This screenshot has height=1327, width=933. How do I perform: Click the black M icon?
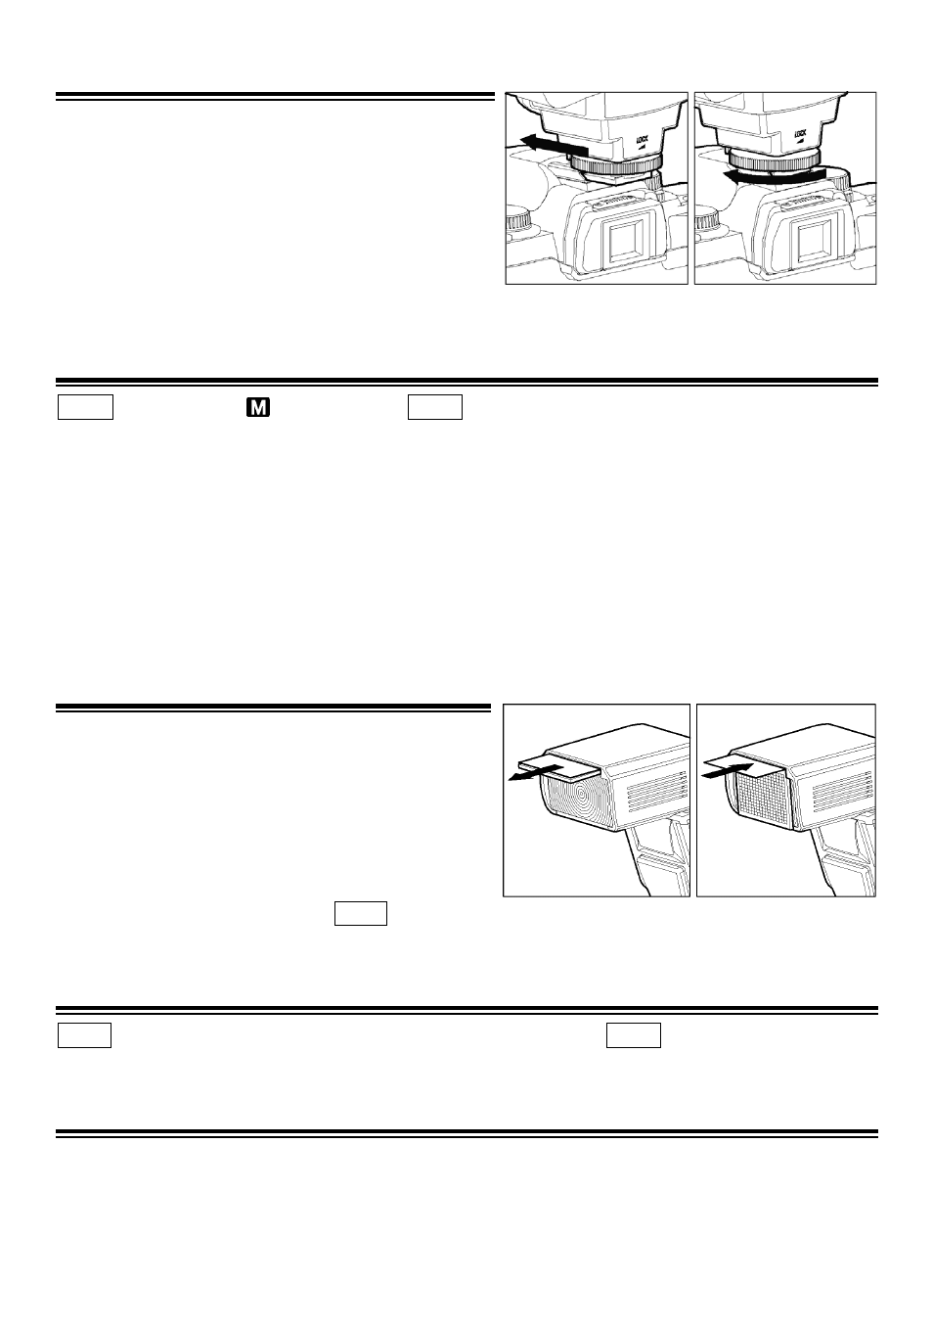click(x=258, y=407)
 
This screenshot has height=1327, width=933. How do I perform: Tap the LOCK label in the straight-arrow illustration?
click(x=643, y=140)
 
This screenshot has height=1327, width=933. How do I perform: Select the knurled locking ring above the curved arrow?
click(x=775, y=159)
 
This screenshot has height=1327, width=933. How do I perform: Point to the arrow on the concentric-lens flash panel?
click(x=535, y=774)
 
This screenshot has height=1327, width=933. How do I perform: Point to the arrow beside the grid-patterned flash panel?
click(x=728, y=771)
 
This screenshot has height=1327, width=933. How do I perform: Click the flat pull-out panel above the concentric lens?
click(x=558, y=766)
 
